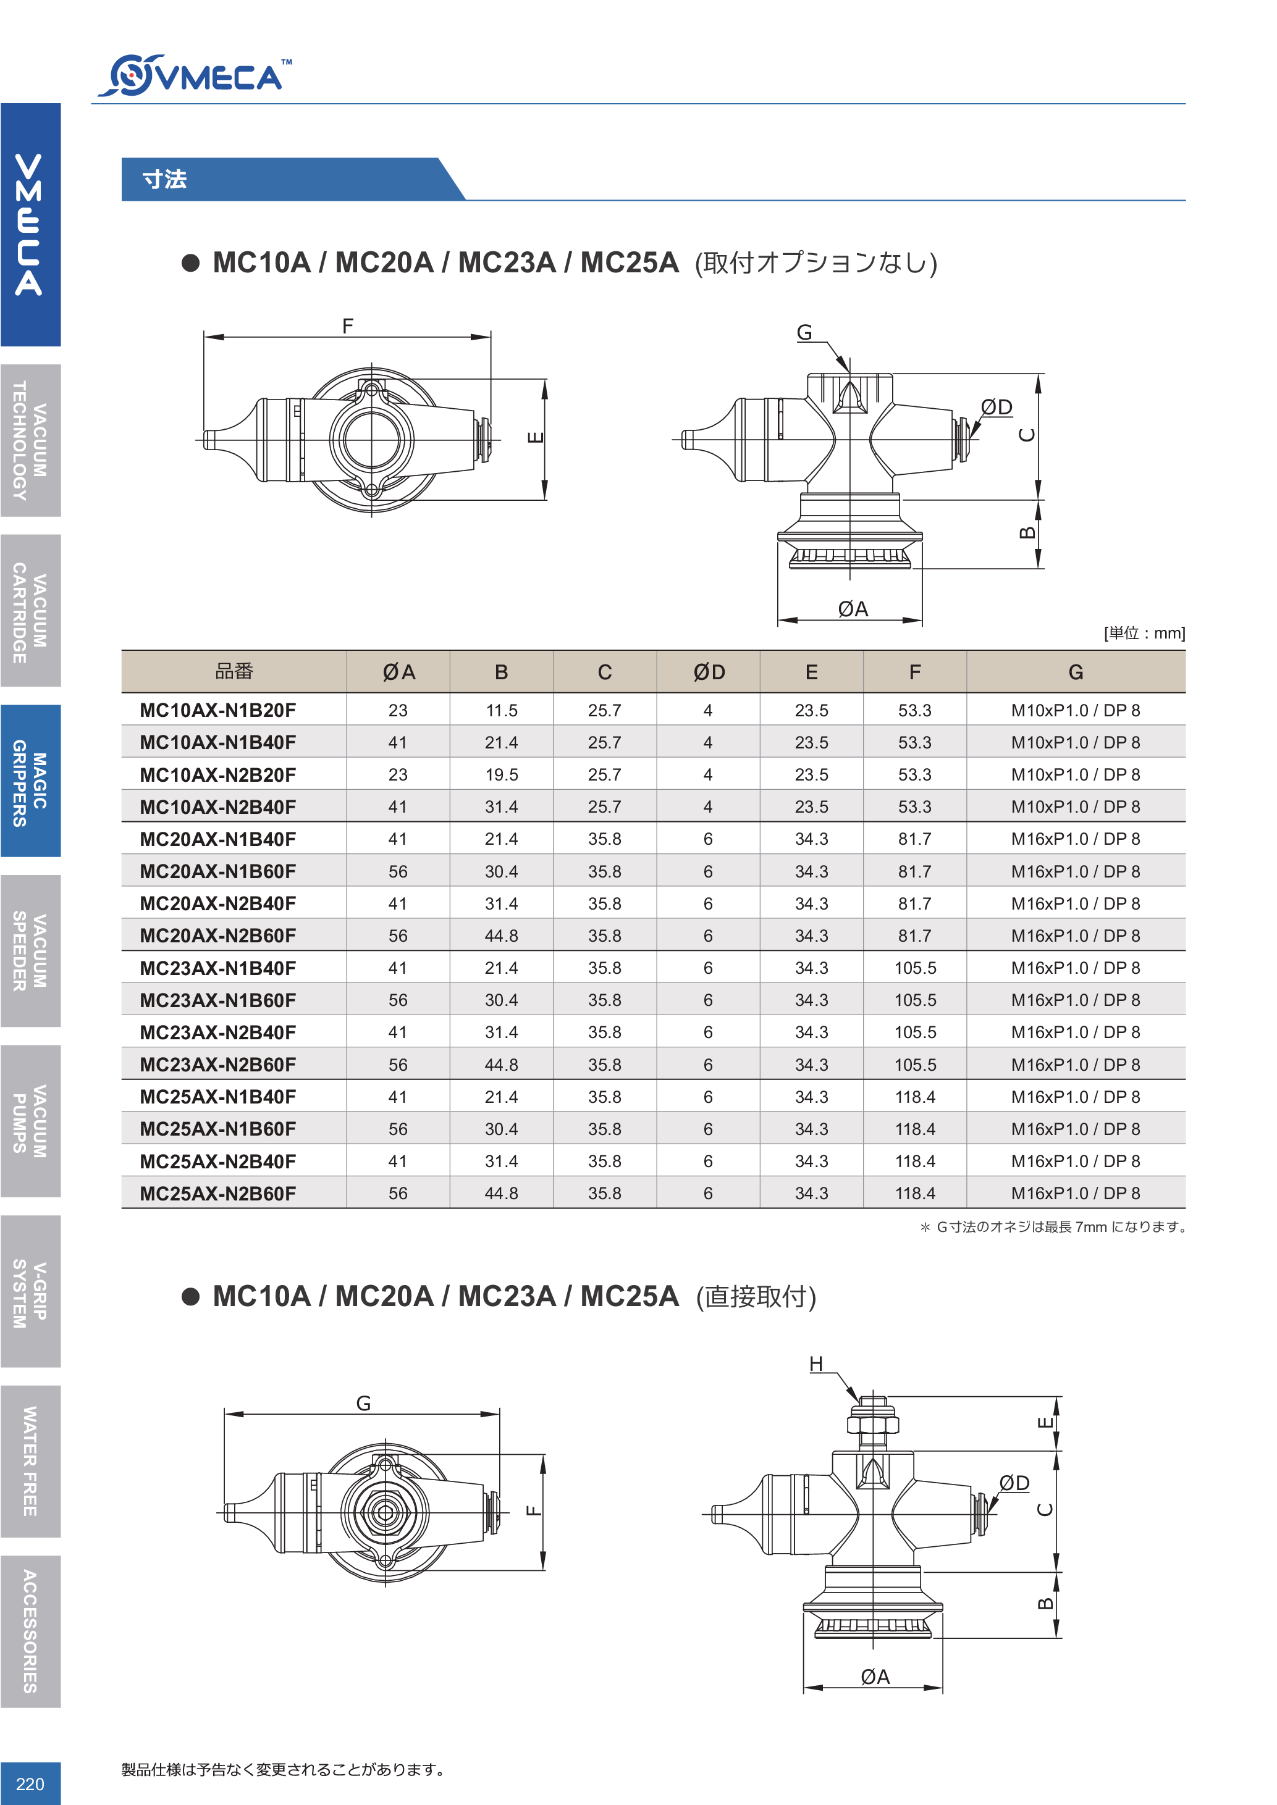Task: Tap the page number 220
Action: [x=30, y=1783]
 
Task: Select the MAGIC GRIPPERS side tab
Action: [x=30, y=781]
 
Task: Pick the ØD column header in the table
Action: [x=709, y=672]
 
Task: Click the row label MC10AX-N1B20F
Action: [x=218, y=711]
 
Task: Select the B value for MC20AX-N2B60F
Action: [x=501, y=936]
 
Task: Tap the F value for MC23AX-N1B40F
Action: [x=914, y=968]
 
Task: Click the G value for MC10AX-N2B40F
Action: [x=1075, y=807]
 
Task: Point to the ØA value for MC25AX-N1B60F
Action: [x=398, y=1129]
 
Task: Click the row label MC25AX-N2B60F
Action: [x=218, y=1194]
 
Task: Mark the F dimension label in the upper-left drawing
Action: [x=348, y=325]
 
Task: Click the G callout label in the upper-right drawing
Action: [x=804, y=333]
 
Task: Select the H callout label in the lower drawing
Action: [x=816, y=1364]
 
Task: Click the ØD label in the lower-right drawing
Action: [x=1014, y=1483]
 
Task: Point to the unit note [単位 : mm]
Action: [x=1144, y=634]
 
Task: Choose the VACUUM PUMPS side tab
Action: [x=30, y=1121]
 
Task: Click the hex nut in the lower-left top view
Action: [x=386, y=1512]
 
